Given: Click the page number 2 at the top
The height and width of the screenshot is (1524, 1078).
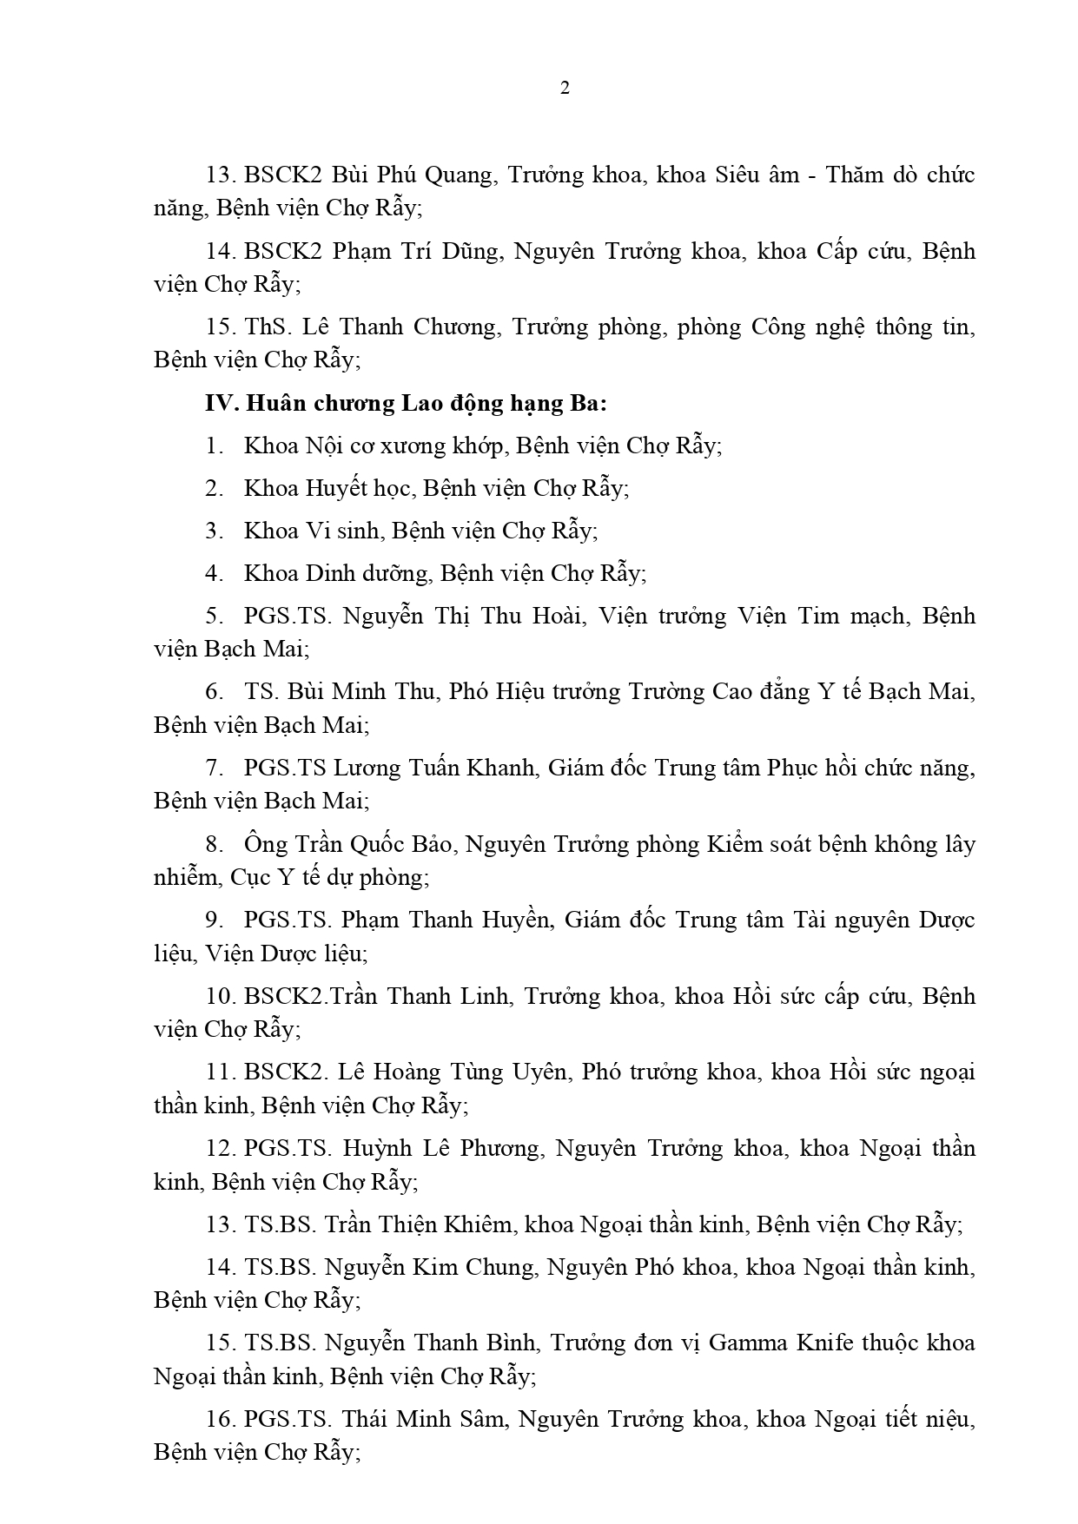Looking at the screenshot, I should [x=565, y=89].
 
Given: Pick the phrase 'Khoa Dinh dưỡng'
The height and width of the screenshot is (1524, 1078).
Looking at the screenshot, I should [x=336, y=573].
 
